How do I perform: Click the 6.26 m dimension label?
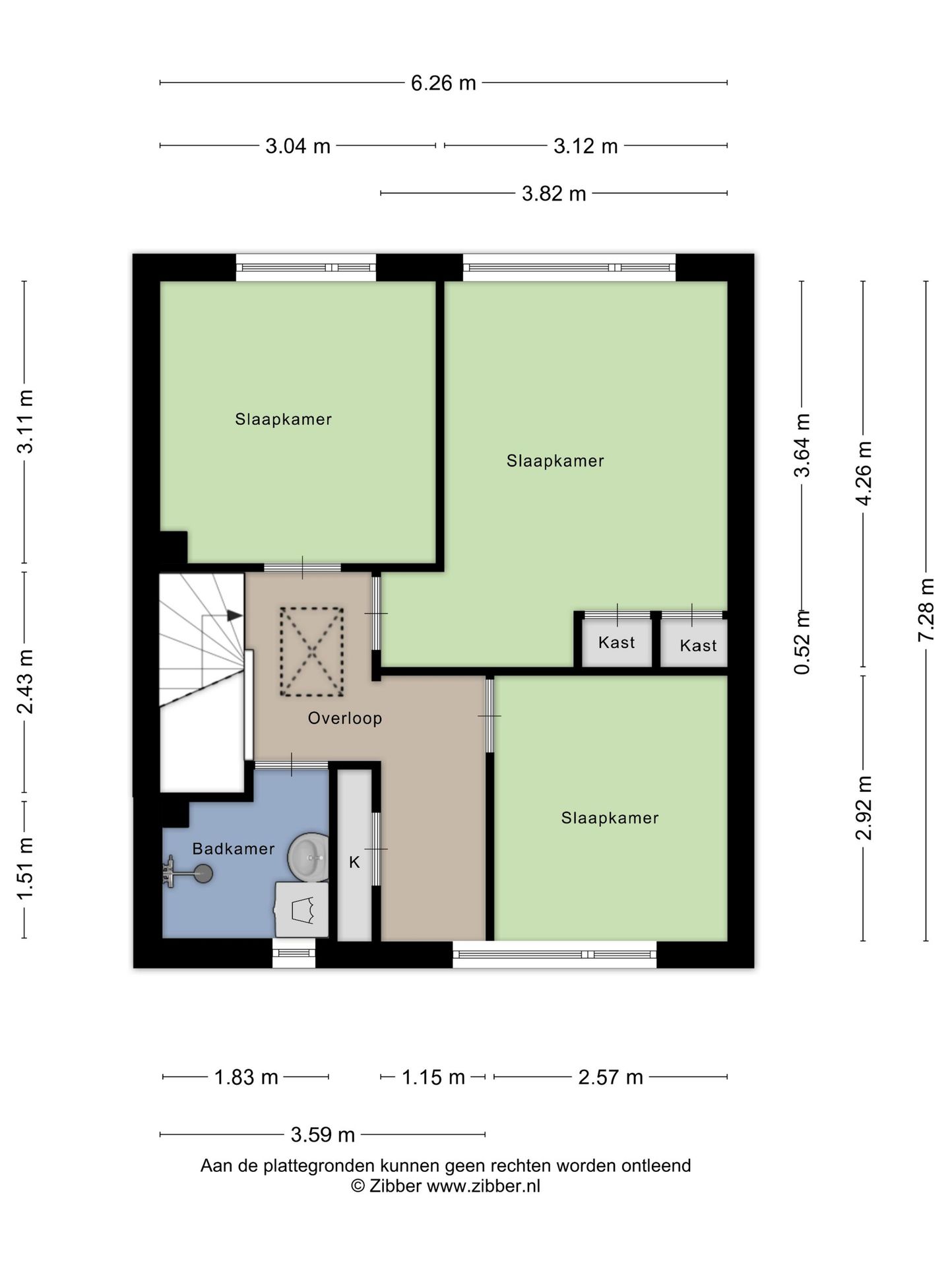pos(443,83)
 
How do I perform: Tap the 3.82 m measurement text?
pos(554,194)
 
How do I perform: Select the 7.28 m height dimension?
pos(926,610)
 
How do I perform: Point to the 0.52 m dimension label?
pos(802,642)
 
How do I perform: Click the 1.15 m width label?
pos(433,1078)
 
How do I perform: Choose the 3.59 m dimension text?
pos(323,1135)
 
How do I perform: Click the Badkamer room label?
pos(234,849)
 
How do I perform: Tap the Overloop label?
pos(345,719)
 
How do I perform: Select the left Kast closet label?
pos(617,642)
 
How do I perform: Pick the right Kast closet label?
pos(698,645)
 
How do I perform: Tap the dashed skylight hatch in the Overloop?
pos(311,651)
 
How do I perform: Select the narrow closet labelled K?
pos(355,855)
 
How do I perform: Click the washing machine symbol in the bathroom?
pos(301,909)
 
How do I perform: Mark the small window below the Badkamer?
pos(294,954)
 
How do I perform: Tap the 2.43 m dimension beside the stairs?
pos(25,682)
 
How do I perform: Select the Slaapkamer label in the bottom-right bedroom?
pos(610,818)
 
